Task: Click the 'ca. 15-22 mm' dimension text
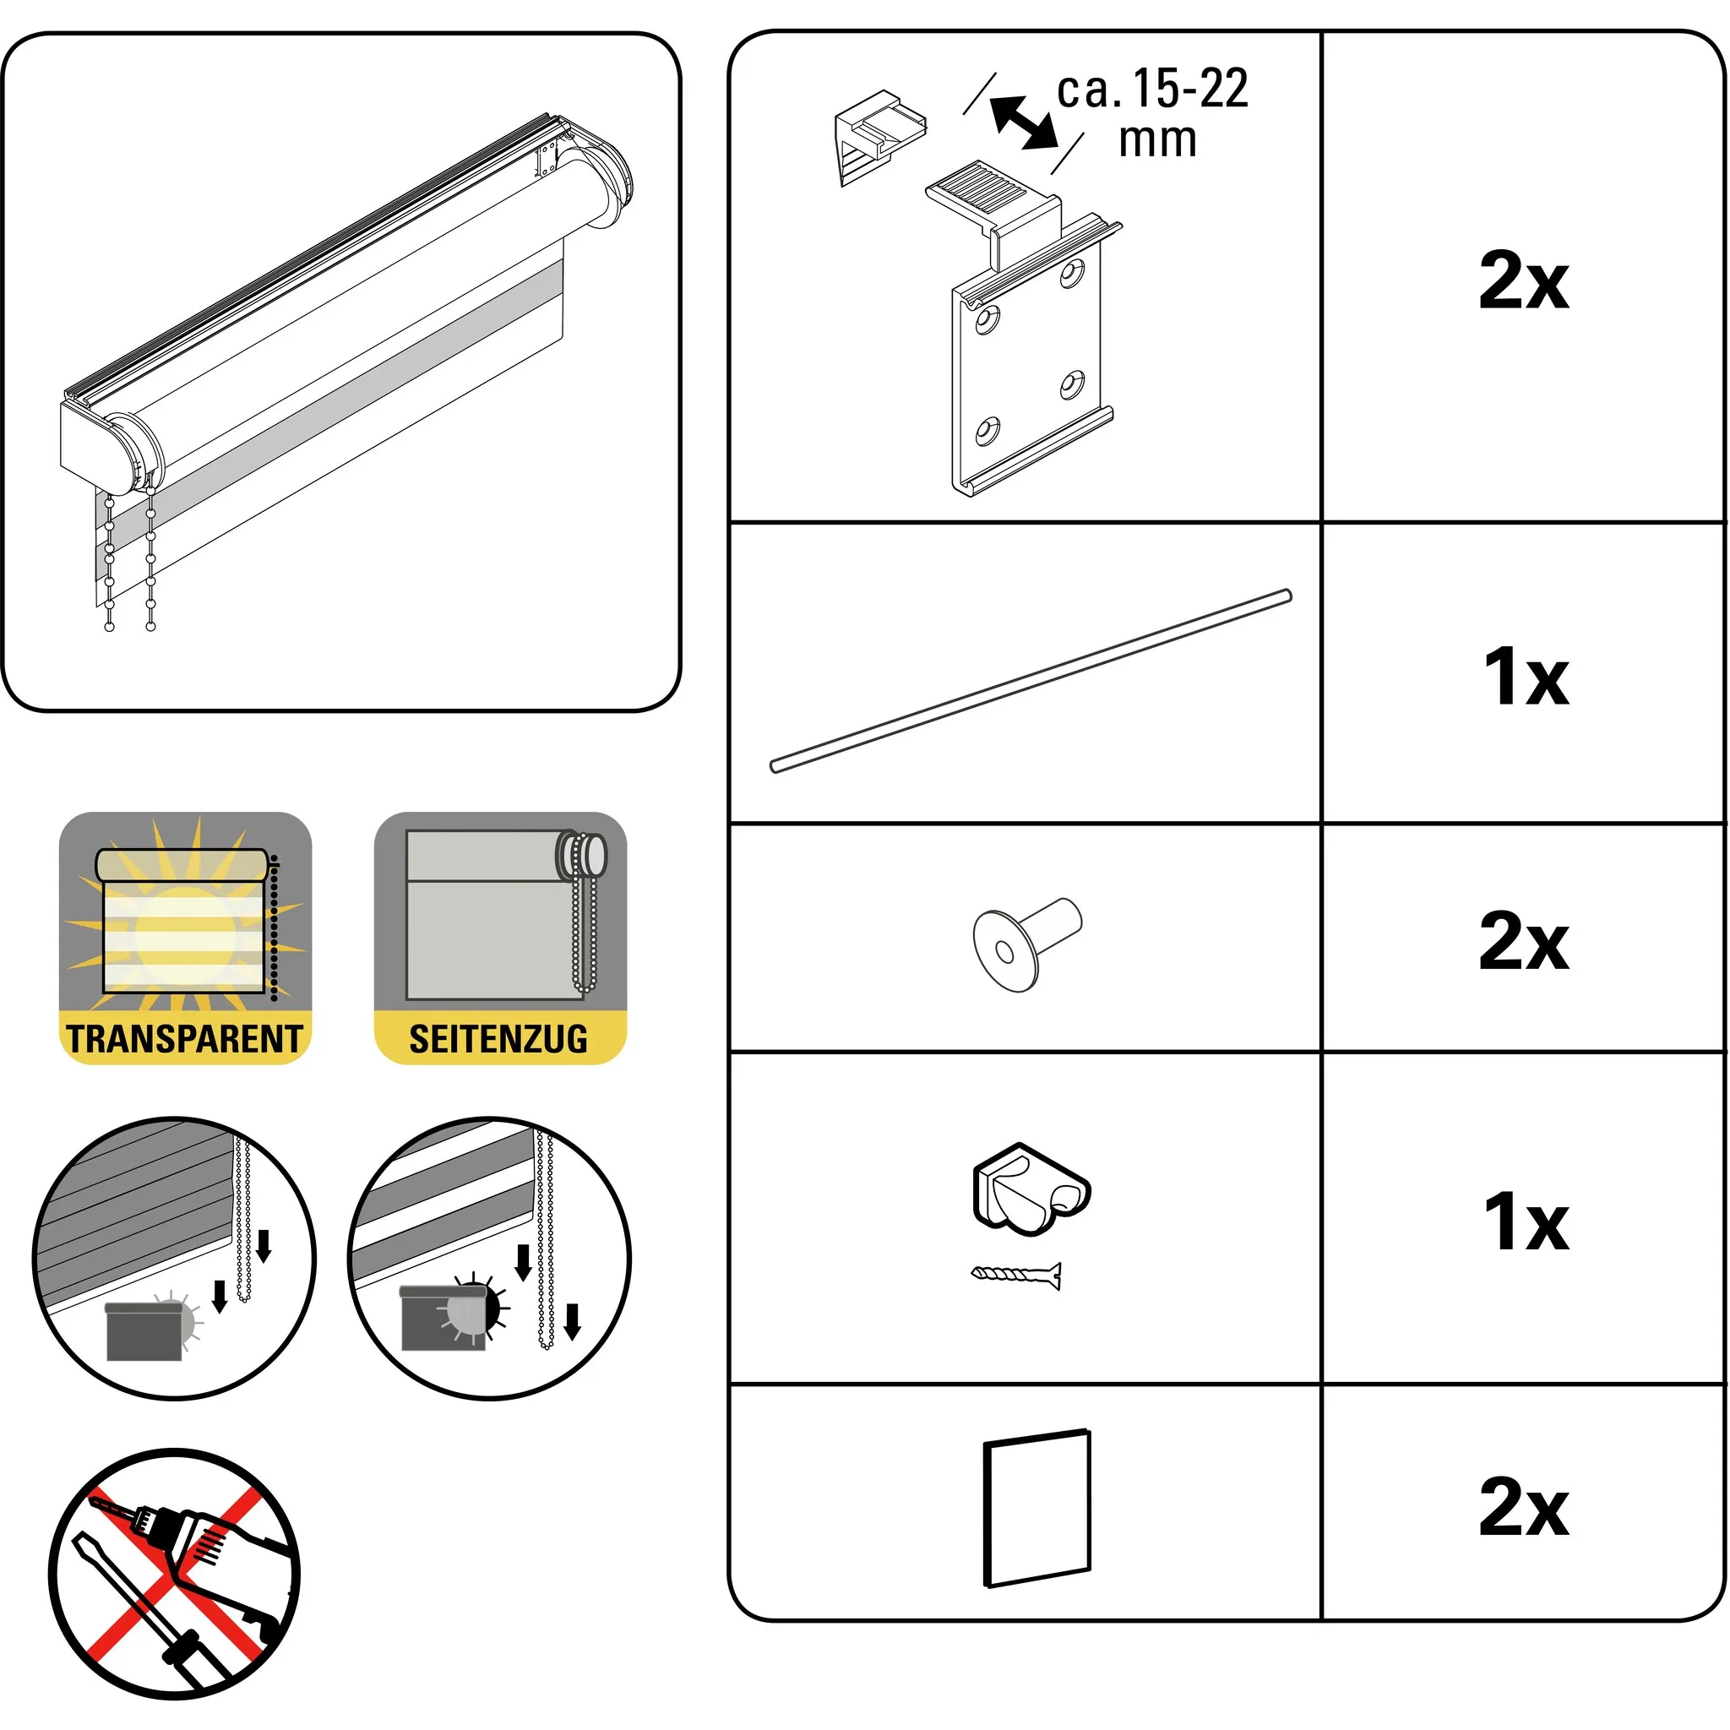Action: [1153, 113]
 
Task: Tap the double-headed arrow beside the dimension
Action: [1024, 122]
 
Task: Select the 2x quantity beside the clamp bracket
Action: [1524, 280]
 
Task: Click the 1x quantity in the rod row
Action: [1526, 676]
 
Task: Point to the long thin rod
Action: [1031, 681]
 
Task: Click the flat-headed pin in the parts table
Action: [1027, 944]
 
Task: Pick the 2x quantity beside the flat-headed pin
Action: [1524, 940]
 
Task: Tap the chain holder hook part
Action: [1031, 1189]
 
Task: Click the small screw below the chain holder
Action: [1016, 1274]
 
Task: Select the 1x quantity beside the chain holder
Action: [1526, 1222]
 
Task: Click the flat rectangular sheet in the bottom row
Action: [1037, 1508]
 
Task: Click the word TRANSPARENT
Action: [184, 1039]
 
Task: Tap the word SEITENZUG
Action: [498, 1039]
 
